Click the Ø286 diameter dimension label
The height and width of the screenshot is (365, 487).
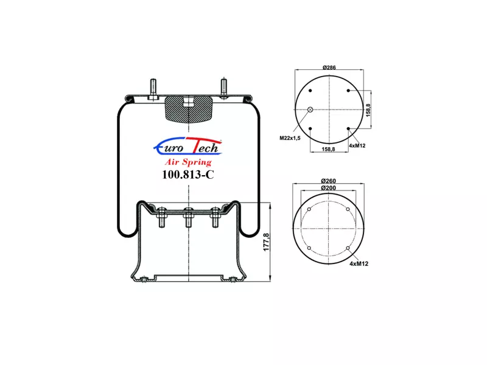click(x=329, y=68)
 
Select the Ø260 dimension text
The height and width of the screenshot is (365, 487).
click(x=328, y=181)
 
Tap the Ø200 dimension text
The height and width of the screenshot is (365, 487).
click(x=328, y=188)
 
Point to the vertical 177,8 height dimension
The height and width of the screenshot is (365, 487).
click(x=267, y=242)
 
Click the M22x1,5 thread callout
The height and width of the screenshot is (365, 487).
click(x=290, y=138)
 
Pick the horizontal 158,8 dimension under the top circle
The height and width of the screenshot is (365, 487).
click(x=328, y=149)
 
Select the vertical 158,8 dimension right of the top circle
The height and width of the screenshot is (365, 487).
click(x=368, y=110)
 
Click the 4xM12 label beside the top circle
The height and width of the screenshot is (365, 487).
click(x=357, y=145)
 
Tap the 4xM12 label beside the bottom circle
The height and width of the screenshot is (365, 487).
click(x=359, y=264)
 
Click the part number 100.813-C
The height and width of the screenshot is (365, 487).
click(x=188, y=175)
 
